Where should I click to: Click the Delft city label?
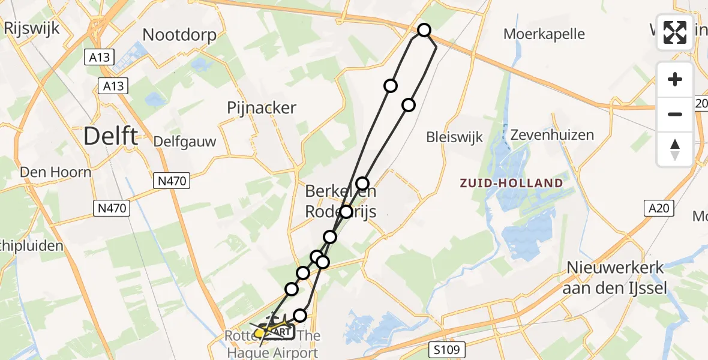click(110, 136)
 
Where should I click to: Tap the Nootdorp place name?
click(179, 35)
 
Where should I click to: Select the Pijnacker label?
click(262, 108)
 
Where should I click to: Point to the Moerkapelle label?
click(544, 34)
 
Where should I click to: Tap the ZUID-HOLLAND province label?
click(511, 183)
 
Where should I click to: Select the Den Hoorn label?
click(56, 173)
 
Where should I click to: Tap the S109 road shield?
click(449, 348)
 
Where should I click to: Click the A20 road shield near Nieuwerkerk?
click(660, 208)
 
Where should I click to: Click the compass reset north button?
click(675, 149)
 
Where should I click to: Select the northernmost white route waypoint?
click(424, 30)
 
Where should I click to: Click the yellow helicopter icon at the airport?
click(262, 331)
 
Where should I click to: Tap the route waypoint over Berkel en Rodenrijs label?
click(346, 212)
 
